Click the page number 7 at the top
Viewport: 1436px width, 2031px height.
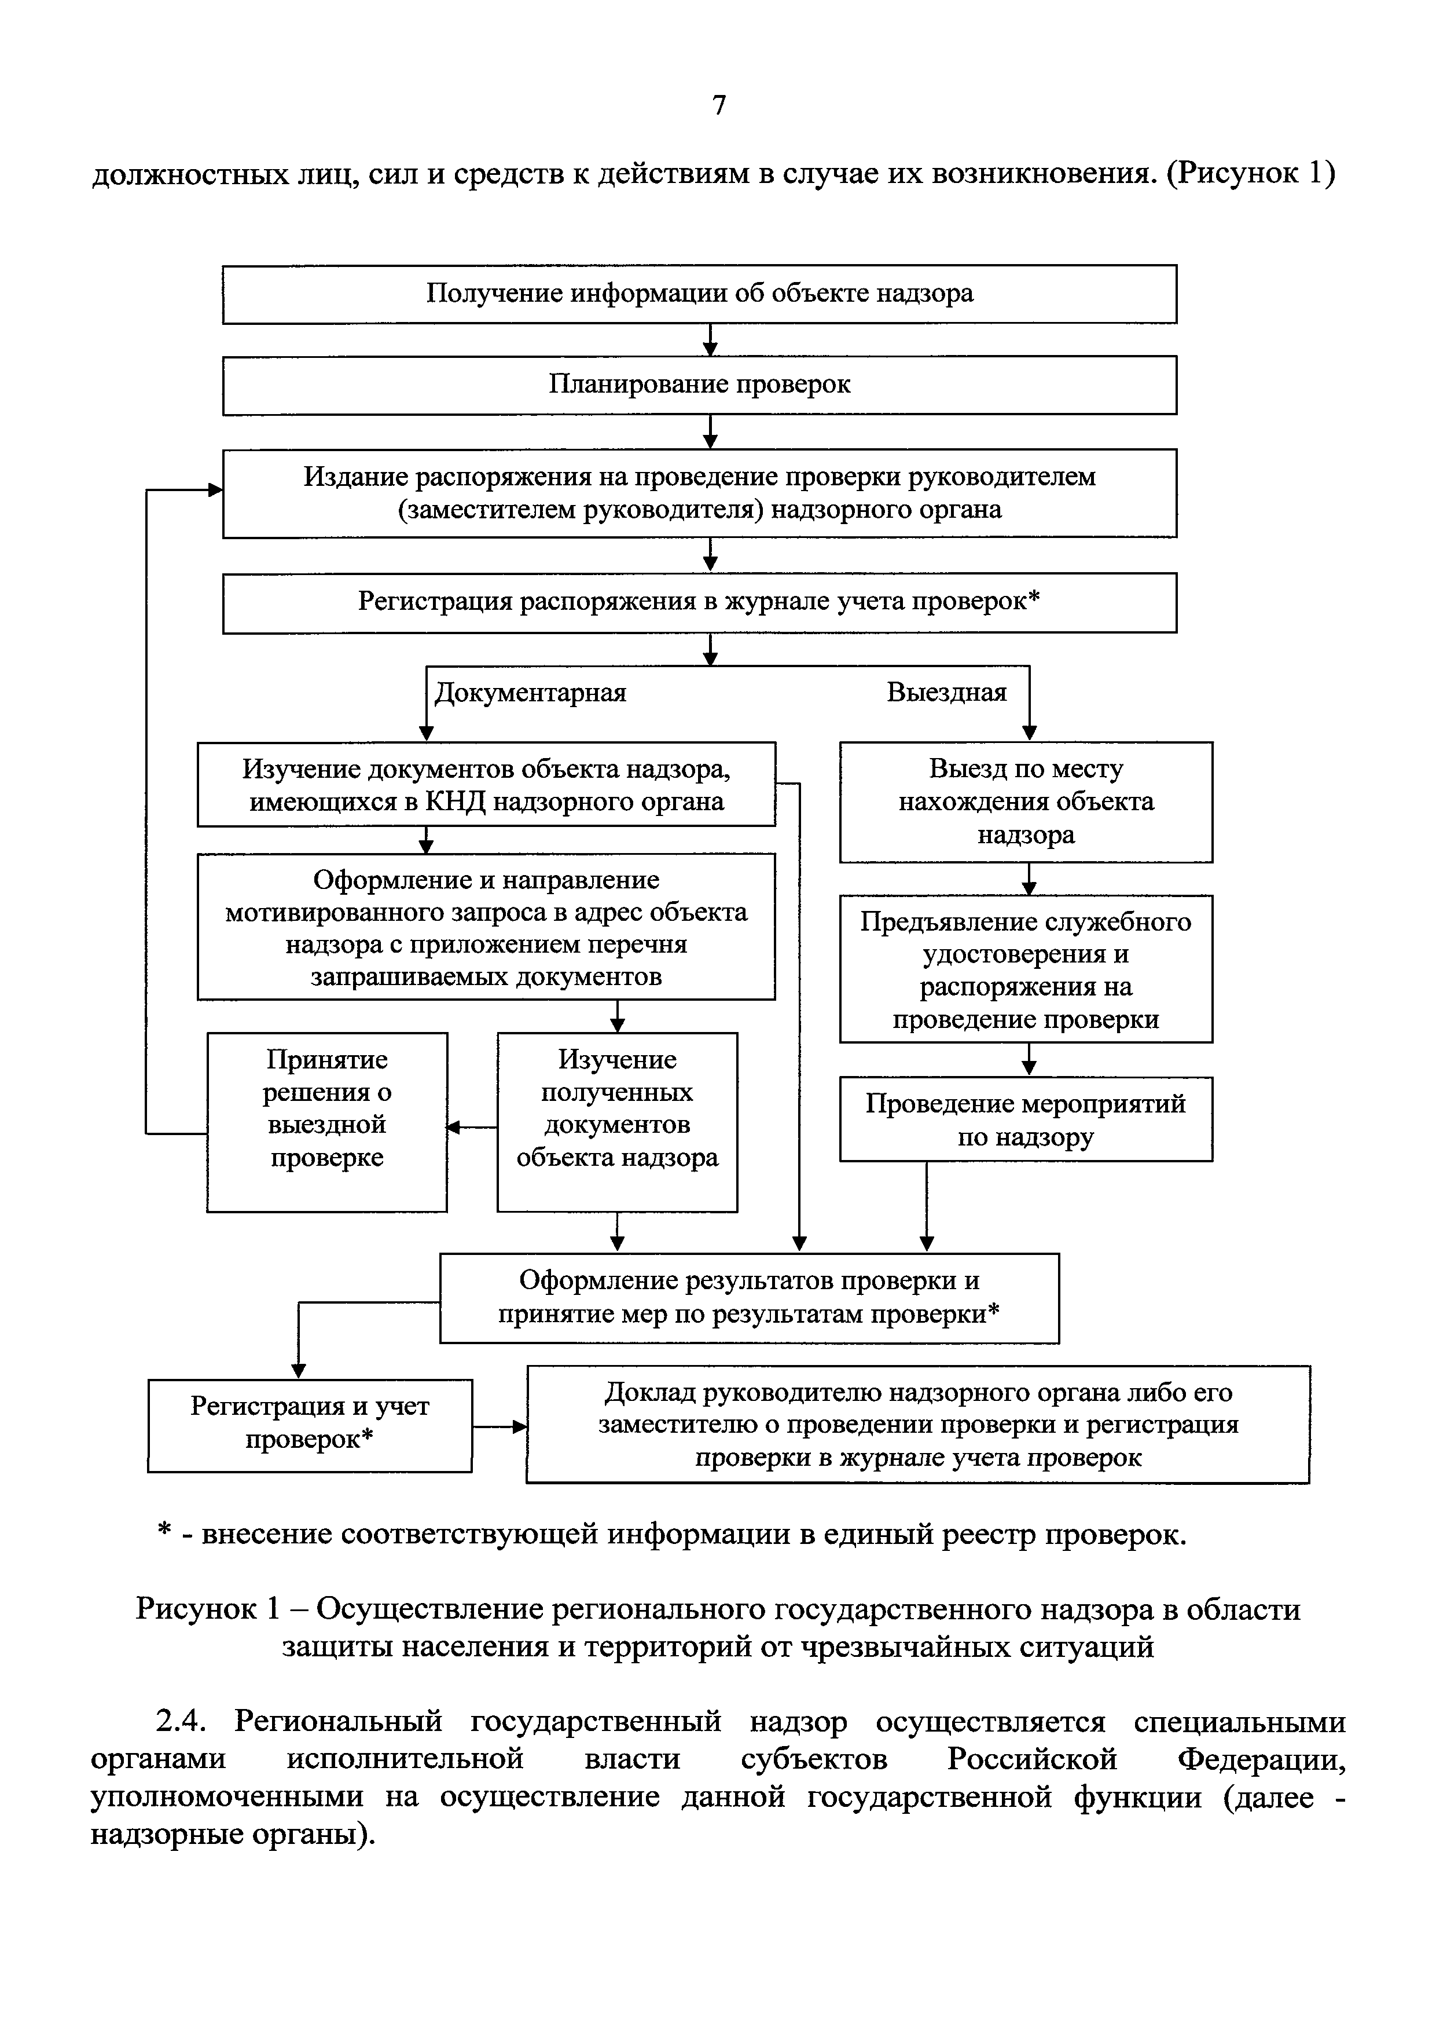[719, 105]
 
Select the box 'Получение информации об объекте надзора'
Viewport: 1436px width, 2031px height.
[699, 294]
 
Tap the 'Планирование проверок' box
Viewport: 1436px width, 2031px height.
[699, 385]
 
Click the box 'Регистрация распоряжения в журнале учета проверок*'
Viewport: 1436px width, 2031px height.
[699, 602]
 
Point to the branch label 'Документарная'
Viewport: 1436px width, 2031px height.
[531, 693]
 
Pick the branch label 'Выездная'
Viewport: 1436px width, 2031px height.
[946, 693]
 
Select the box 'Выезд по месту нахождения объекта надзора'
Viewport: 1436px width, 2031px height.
[1026, 802]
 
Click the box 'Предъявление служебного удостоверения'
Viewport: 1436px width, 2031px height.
[1026, 969]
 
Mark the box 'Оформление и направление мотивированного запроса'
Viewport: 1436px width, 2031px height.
[486, 927]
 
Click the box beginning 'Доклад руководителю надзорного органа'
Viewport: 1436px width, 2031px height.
[918, 1424]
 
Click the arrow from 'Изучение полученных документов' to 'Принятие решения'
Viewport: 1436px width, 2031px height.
[471, 1127]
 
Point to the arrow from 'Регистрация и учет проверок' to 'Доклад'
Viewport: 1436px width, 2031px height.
[500, 1426]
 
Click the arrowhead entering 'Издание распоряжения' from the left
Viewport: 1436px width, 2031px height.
[215, 490]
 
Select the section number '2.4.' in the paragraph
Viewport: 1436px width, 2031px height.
[181, 1723]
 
